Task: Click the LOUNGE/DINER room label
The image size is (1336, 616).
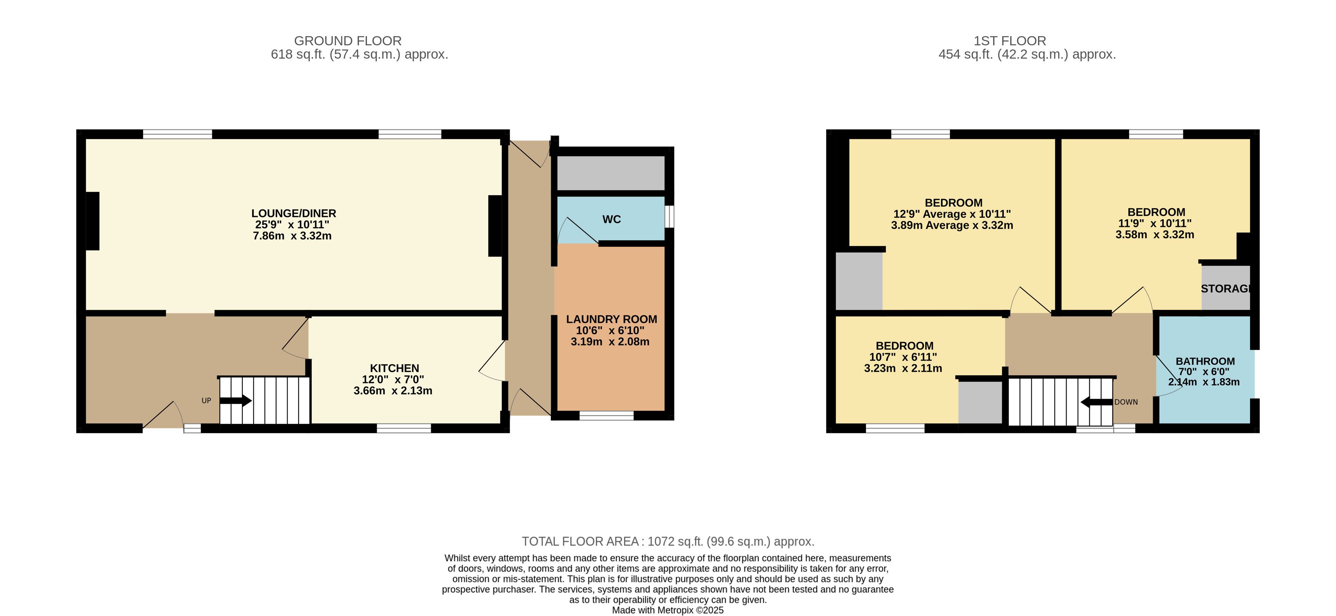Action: tap(294, 213)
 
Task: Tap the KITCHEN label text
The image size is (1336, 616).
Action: tap(394, 368)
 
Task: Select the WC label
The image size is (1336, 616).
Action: tap(611, 219)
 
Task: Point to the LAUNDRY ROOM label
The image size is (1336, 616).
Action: tap(611, 319)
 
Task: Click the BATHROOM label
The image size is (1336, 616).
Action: tap(1205, 361)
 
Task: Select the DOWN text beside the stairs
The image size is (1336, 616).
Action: tap(1126, 402)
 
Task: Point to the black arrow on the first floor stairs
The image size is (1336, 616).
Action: tap(1096, 402)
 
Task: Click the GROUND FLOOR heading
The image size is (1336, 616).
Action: tap(347, 41)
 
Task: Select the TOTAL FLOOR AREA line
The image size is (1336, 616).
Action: tap(668, 541)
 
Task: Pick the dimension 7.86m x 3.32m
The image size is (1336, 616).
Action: tap(292, 236)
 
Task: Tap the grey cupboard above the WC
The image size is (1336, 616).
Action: tap(610, 173)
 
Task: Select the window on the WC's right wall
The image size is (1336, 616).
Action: tap(670, 217)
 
